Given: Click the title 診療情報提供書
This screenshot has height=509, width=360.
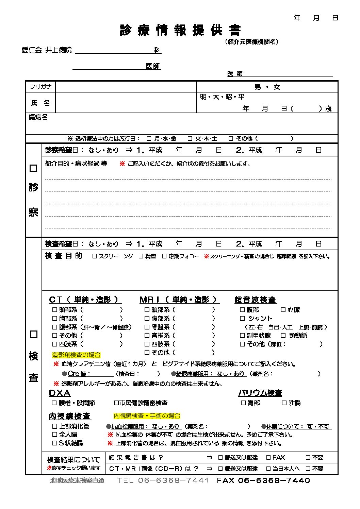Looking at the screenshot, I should coord(180,30).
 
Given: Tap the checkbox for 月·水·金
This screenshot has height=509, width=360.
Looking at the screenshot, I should coord(149,138).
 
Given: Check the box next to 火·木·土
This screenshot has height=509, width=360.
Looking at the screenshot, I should coord(190,138).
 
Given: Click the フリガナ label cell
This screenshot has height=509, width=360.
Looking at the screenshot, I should coord(40,87).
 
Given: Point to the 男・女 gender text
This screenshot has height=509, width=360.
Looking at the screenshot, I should coord(267,87).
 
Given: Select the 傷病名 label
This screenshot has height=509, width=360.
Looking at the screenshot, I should coord(38,117).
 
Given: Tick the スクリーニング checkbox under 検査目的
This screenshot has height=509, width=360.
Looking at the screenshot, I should coord(95,256).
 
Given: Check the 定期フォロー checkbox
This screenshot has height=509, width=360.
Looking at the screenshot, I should coord(164,256).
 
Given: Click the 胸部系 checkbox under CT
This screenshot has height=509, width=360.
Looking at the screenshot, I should coord(54,319).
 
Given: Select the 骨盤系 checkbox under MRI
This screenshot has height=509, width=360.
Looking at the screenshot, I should coord(147,327).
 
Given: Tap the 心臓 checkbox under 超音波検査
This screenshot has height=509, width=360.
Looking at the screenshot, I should coord(283,310).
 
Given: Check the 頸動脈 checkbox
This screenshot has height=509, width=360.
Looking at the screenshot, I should coord(283,336).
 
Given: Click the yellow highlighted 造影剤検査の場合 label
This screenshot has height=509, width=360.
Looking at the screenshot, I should coord(76,355).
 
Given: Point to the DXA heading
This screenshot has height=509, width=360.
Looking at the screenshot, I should coord(60,393).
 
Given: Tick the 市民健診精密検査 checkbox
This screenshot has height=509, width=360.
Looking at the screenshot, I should coord(116,403).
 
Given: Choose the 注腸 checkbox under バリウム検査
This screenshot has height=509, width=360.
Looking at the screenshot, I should coord(284,403).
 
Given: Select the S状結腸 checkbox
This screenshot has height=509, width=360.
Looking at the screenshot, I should coord(54,443).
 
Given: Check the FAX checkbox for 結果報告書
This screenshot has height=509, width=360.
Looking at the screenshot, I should coord(268,458).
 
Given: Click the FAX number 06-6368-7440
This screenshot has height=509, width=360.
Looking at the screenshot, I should coord(274,480).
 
